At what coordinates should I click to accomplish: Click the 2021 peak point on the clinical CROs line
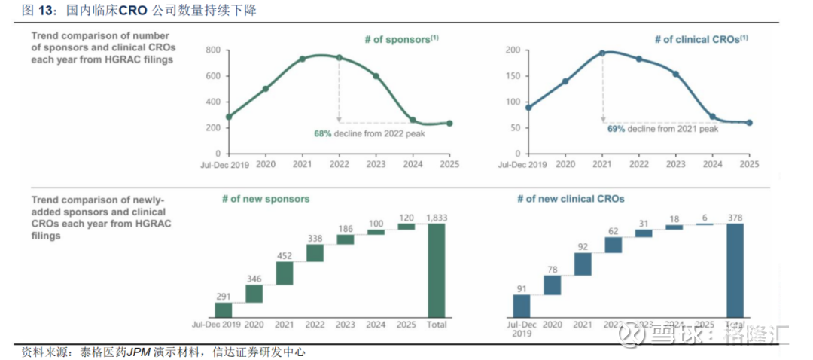(x=602, y=53)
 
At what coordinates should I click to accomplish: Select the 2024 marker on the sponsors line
(x=413, y=120)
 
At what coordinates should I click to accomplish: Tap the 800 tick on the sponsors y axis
(x=212, y=50)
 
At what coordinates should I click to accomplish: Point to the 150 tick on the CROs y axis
(x=513, y=76)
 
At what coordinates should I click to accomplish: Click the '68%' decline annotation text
(x=323, y=133)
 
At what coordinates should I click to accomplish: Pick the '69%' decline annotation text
(x=617, y=129)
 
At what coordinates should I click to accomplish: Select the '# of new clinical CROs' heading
(x=571, y=200)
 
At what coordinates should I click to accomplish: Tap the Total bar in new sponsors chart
(x=437, y=270)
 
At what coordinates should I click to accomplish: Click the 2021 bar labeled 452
(x=284, y=273)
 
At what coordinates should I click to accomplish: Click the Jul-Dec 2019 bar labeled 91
(x=522, y=306)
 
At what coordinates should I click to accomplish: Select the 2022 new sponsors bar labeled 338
(x=315, y=253)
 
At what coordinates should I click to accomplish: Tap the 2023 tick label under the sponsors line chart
(x=376, y=164)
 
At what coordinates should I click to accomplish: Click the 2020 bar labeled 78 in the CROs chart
(x=553, y=285)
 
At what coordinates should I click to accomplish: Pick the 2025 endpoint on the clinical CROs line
(x=749, y=123)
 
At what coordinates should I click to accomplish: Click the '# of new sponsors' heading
(x=266, y=200)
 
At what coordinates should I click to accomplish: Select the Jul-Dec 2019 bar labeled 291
(x=224, y=310)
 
